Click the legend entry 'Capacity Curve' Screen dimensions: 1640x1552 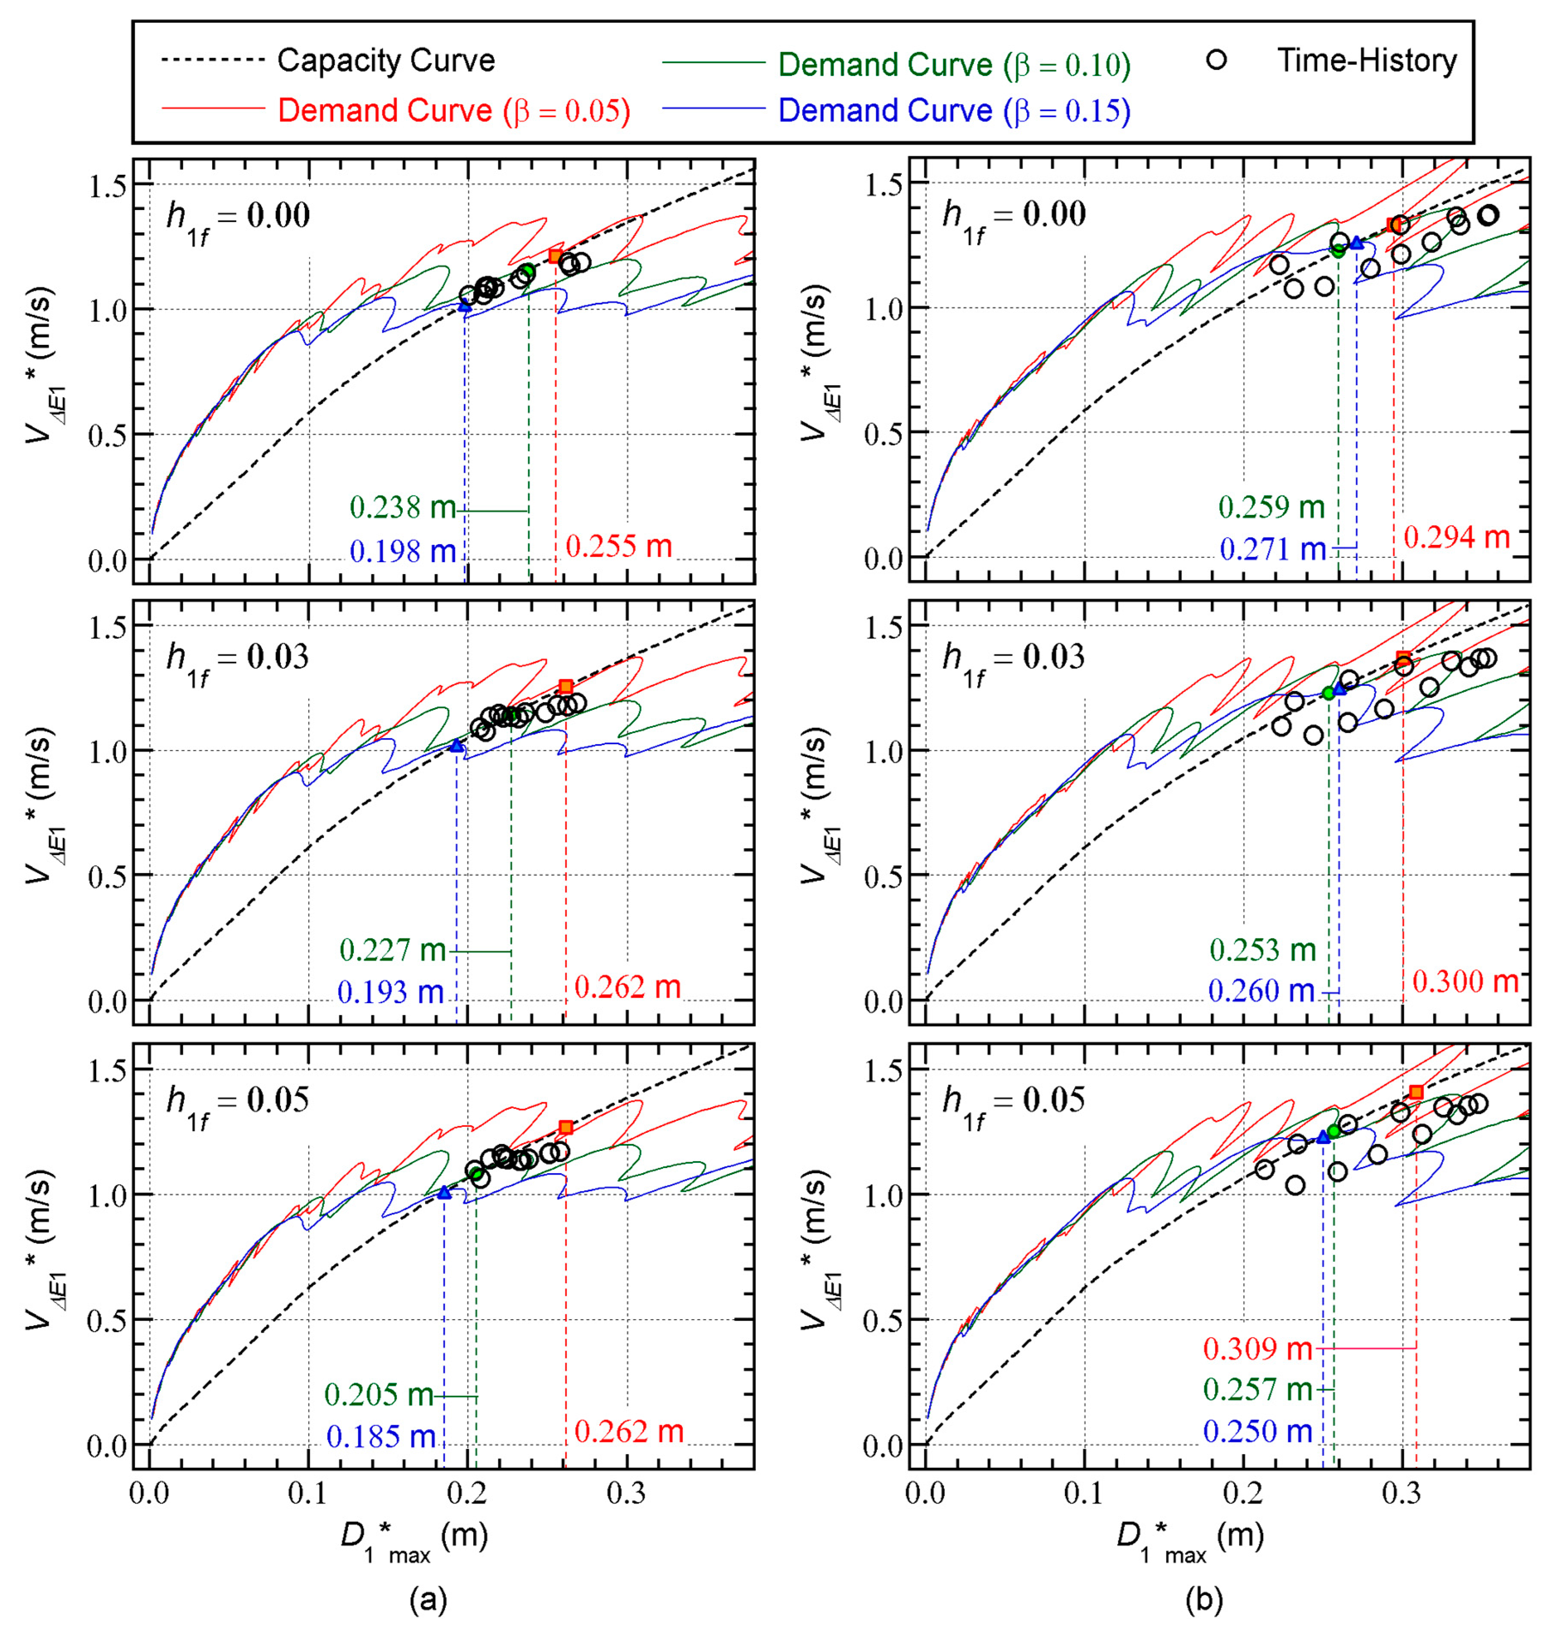tap(386, 61)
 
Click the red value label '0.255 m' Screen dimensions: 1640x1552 tap(619, 546)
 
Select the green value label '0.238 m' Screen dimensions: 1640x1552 tap(403, 507)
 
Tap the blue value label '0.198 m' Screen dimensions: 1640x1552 tap(403, 550)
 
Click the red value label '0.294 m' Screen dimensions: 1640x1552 tap(1457, 538)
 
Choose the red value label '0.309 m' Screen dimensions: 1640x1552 tap(1257, 1349)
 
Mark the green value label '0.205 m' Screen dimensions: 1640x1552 tap(378, 1395)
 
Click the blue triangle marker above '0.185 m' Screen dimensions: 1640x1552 tap(444, 1193)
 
